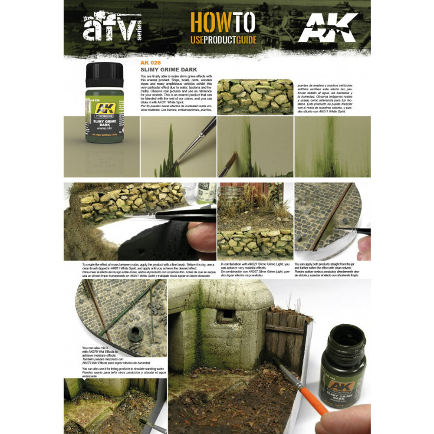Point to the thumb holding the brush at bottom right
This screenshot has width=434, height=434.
click(x=343, y=419)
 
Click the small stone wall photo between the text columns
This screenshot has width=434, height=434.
click(x=255, y=96)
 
